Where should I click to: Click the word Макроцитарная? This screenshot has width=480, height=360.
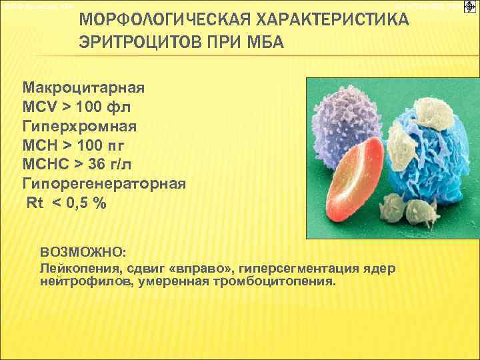pos(83,88)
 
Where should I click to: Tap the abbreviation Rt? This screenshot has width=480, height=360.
pos(34,203)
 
